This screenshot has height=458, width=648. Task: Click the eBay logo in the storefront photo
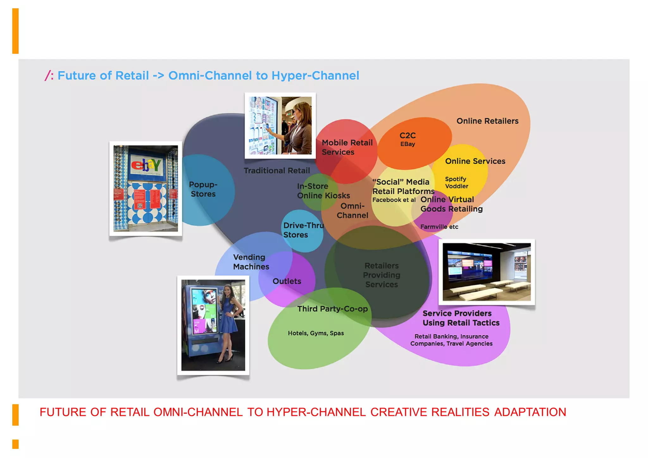[146, 165]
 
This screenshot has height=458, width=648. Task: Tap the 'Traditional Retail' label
[277, 171]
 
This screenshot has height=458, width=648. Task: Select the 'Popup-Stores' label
[203, 189]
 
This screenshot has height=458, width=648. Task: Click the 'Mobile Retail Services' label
[347, 147]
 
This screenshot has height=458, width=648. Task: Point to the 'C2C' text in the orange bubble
[408, 135]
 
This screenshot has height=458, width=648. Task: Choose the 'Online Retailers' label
[487, 121]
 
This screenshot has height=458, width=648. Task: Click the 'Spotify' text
[455, 179]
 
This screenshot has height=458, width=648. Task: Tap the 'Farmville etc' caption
[439, 227]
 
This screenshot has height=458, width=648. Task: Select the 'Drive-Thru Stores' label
[303, 230]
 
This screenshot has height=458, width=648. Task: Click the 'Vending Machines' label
[251, 262]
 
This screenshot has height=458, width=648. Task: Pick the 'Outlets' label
[287, 281]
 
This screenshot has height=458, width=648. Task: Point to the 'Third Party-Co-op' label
[332, 309]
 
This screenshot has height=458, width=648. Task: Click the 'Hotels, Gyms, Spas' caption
[315, 333]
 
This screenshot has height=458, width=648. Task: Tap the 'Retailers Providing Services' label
[382, 275]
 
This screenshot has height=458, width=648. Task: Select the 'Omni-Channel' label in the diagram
[352, 210]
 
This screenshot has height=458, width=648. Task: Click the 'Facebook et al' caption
[394, 200]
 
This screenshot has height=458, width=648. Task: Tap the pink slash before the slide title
[47, 76]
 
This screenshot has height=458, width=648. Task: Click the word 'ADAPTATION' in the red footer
[530, 412]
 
